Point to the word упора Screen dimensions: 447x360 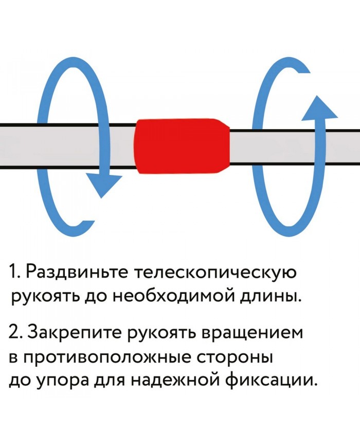click(64, 381)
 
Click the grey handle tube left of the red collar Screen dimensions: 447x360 click(67, 146)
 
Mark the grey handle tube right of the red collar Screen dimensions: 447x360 click(288, 146)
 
